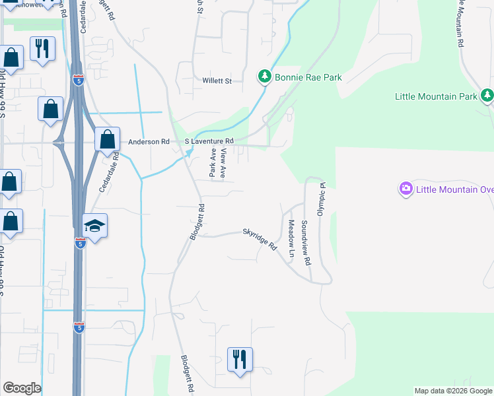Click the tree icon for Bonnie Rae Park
265,77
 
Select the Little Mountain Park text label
436,96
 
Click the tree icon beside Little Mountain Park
487,96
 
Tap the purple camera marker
406,189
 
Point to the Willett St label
217,81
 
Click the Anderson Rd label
149,141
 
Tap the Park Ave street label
213,162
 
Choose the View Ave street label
224,163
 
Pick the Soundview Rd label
306,243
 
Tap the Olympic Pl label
322,199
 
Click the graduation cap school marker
94,226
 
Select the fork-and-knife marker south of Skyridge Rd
240,360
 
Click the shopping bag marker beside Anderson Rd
106,140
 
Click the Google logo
22,388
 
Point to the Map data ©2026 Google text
452,391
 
